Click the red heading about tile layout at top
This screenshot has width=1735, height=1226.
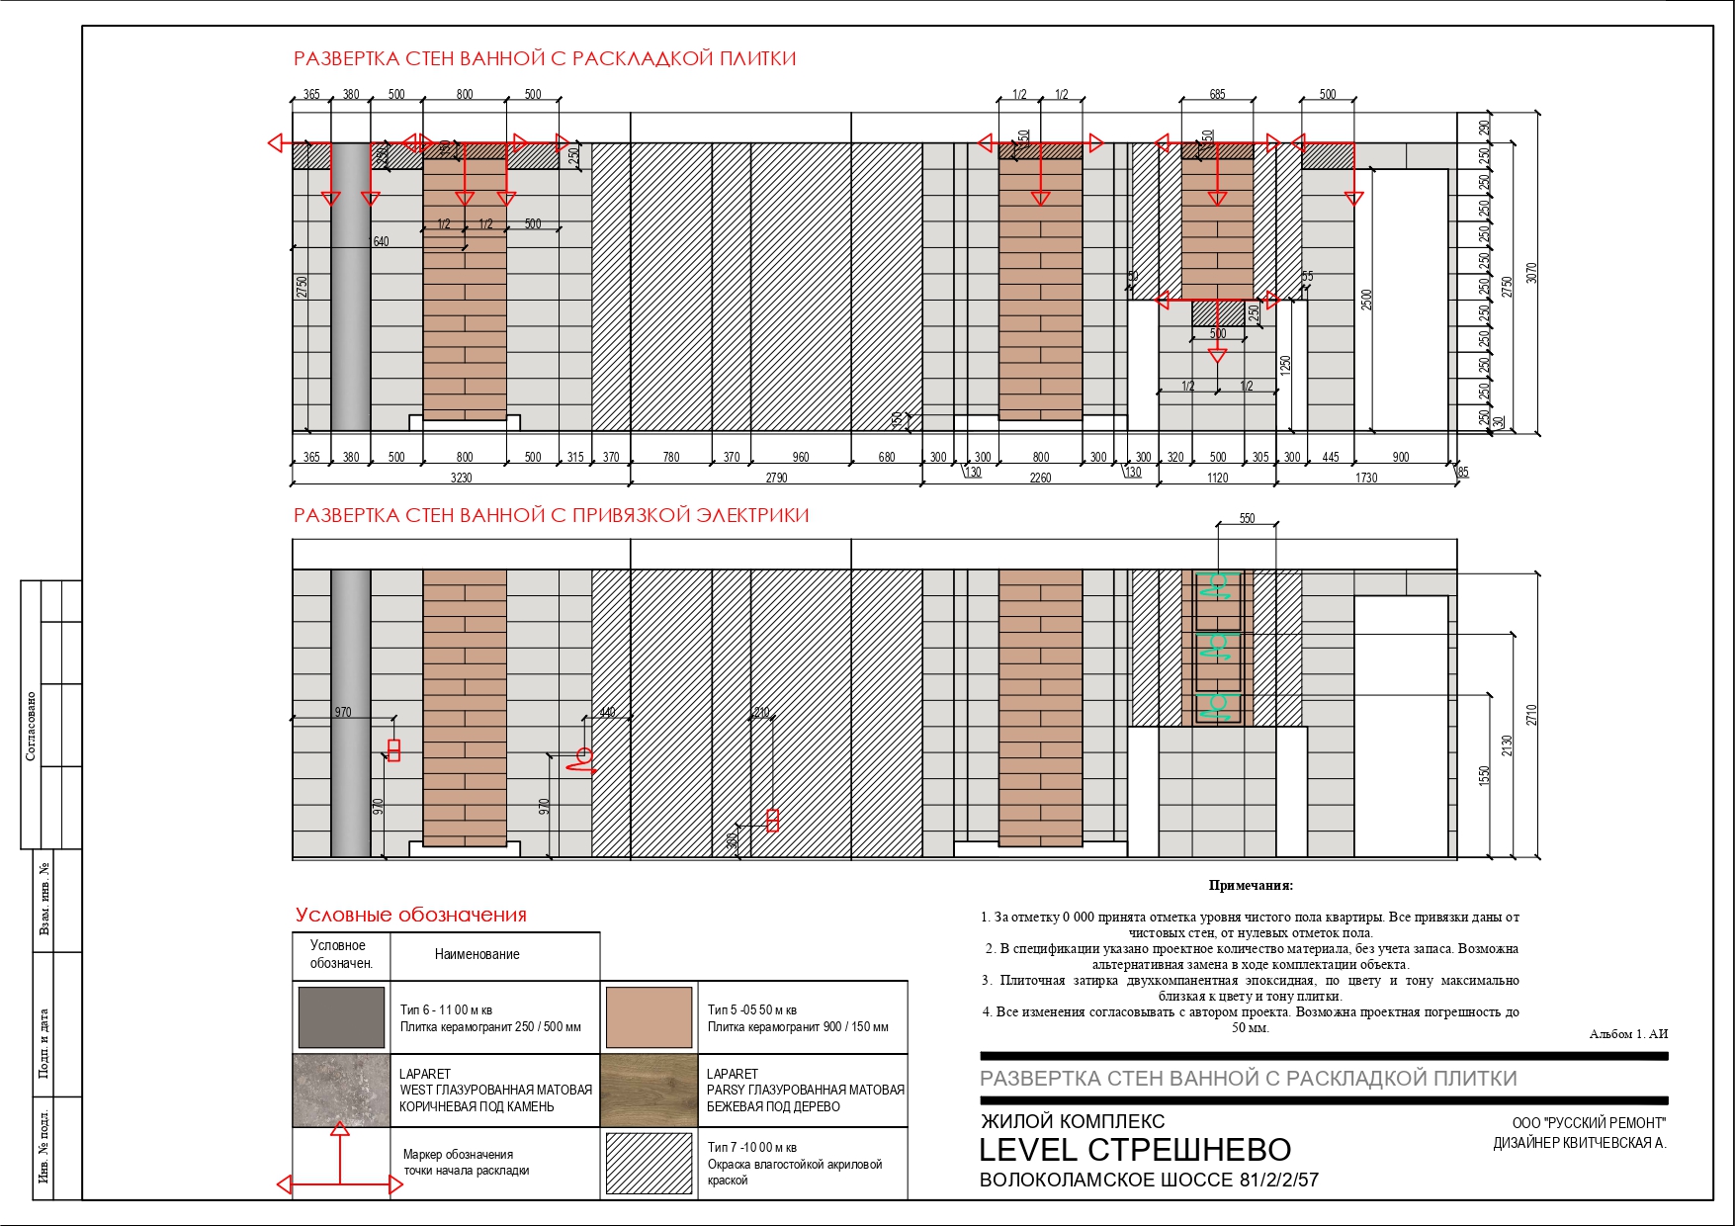tap(545, 58)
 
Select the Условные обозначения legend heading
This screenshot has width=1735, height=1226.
tap(411, 915)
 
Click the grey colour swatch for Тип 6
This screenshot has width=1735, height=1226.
tap(341, 1016)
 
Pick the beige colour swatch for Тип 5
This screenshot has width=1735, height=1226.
tap(649, 1016)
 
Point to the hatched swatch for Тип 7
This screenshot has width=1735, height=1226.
tap(649, 1164)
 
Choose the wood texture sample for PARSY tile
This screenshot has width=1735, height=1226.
tap(649, 1091)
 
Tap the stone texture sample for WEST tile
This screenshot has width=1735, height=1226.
tap(341, 1091)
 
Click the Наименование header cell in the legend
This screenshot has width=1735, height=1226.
tap(477, 954)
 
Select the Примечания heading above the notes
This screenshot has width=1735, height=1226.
tap(1251, 886)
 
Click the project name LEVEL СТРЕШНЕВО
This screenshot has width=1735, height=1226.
tap(1135, 1150)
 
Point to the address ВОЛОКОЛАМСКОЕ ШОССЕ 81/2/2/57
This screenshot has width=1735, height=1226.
tap(1149, 1180)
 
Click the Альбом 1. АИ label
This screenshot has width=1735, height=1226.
tap(1628, 1034)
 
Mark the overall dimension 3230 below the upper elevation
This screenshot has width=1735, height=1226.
tap(461, 479)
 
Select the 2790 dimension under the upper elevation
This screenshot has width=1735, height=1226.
tap(776, 479)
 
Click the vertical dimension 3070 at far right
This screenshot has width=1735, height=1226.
tap(1531, 272)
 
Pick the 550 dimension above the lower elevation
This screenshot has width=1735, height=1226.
tap(1247, 519)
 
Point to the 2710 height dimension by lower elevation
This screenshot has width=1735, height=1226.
tap(1531, 714)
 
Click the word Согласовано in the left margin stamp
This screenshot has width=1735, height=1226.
tap(31, 726)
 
